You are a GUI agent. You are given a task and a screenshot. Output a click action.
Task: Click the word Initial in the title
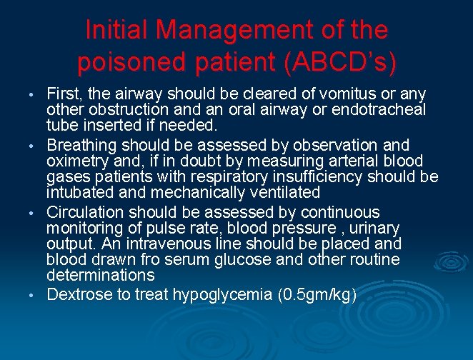(115, 30)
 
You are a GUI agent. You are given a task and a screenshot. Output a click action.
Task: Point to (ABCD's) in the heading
(339, 63)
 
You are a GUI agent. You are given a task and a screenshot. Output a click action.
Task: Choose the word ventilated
(281, 192)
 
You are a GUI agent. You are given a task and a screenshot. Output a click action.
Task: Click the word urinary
(371, 228)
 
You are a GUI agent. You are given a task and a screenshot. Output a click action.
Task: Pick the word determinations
(100, 275)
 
